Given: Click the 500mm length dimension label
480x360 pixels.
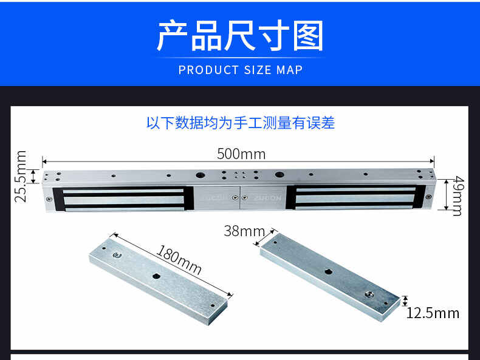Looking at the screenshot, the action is (x=241, y=154).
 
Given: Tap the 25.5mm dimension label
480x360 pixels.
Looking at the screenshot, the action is (x=21, y=177).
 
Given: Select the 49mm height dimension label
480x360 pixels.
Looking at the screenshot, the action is (x=458, y=196).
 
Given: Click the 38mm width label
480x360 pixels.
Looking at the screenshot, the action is (x=244, y=231).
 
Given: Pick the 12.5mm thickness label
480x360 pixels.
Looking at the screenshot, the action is (x=433, y=313).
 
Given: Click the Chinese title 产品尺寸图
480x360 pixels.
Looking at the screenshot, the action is (x=241, y=35).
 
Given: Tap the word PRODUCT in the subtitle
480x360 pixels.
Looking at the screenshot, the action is (x=208, y=70).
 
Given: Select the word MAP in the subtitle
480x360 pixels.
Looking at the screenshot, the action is (x=290, y=70).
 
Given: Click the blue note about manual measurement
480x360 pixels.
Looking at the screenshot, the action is (x=241, y=123).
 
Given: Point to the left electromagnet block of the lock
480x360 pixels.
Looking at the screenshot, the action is (x=123, y=199).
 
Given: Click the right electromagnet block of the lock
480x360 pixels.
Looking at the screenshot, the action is (x=355, y=197).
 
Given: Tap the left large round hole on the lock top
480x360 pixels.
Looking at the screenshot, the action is (x=201, y=175).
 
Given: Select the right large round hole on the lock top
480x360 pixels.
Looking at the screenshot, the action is (x=279, y=175).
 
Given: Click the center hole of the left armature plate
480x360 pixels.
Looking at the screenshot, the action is (x=156, y=276).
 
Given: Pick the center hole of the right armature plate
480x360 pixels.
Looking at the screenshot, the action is (x=328, y=271).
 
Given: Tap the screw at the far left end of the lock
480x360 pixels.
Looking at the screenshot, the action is (x=49, y=199).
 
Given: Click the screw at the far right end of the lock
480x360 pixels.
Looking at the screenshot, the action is (x=428, y=197).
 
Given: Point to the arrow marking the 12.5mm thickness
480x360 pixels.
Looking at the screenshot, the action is (x=405, y=301).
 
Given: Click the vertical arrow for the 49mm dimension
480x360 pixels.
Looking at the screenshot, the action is (x=447, y=195).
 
